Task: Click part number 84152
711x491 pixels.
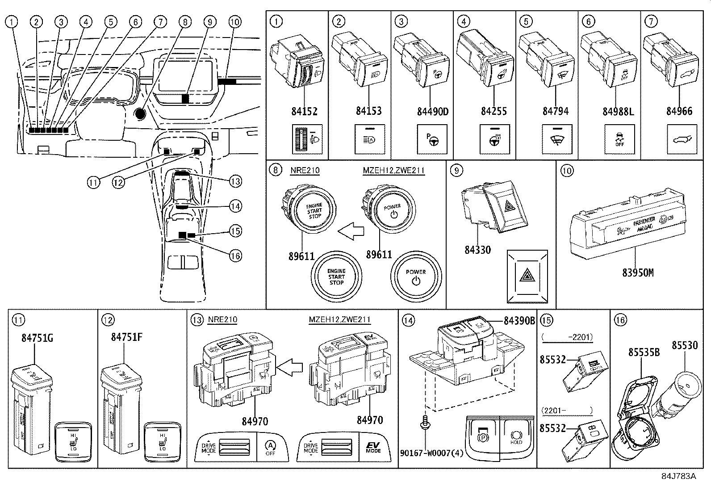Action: pyautogui.click(x=305, y=111)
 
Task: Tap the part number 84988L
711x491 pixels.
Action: pyautogui.click(x=618, y=111)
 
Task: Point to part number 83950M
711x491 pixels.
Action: pyautogui.click(x=638, y=272)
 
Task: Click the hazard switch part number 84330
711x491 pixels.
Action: pyautogui.click(x=477, y=250)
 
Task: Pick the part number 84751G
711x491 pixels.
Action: pyautogui.click(x=37, y=338)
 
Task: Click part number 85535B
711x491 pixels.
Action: pyautogui.click(x=644, y=352)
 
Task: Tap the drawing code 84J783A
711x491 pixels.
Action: pyautogui.click(x=679, y=476)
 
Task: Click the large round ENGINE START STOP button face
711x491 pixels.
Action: pyautogui.click(x=336, y=277)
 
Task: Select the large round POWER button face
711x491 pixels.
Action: pyautogui.click(x=416, y=277)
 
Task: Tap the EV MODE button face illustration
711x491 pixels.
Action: pyautogui.click(x=373, y=447)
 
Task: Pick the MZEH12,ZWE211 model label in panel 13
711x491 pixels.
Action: pyautogui.click(x=339, y=320)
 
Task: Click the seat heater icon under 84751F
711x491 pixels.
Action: pyautogui.click(x=161, y=441)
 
